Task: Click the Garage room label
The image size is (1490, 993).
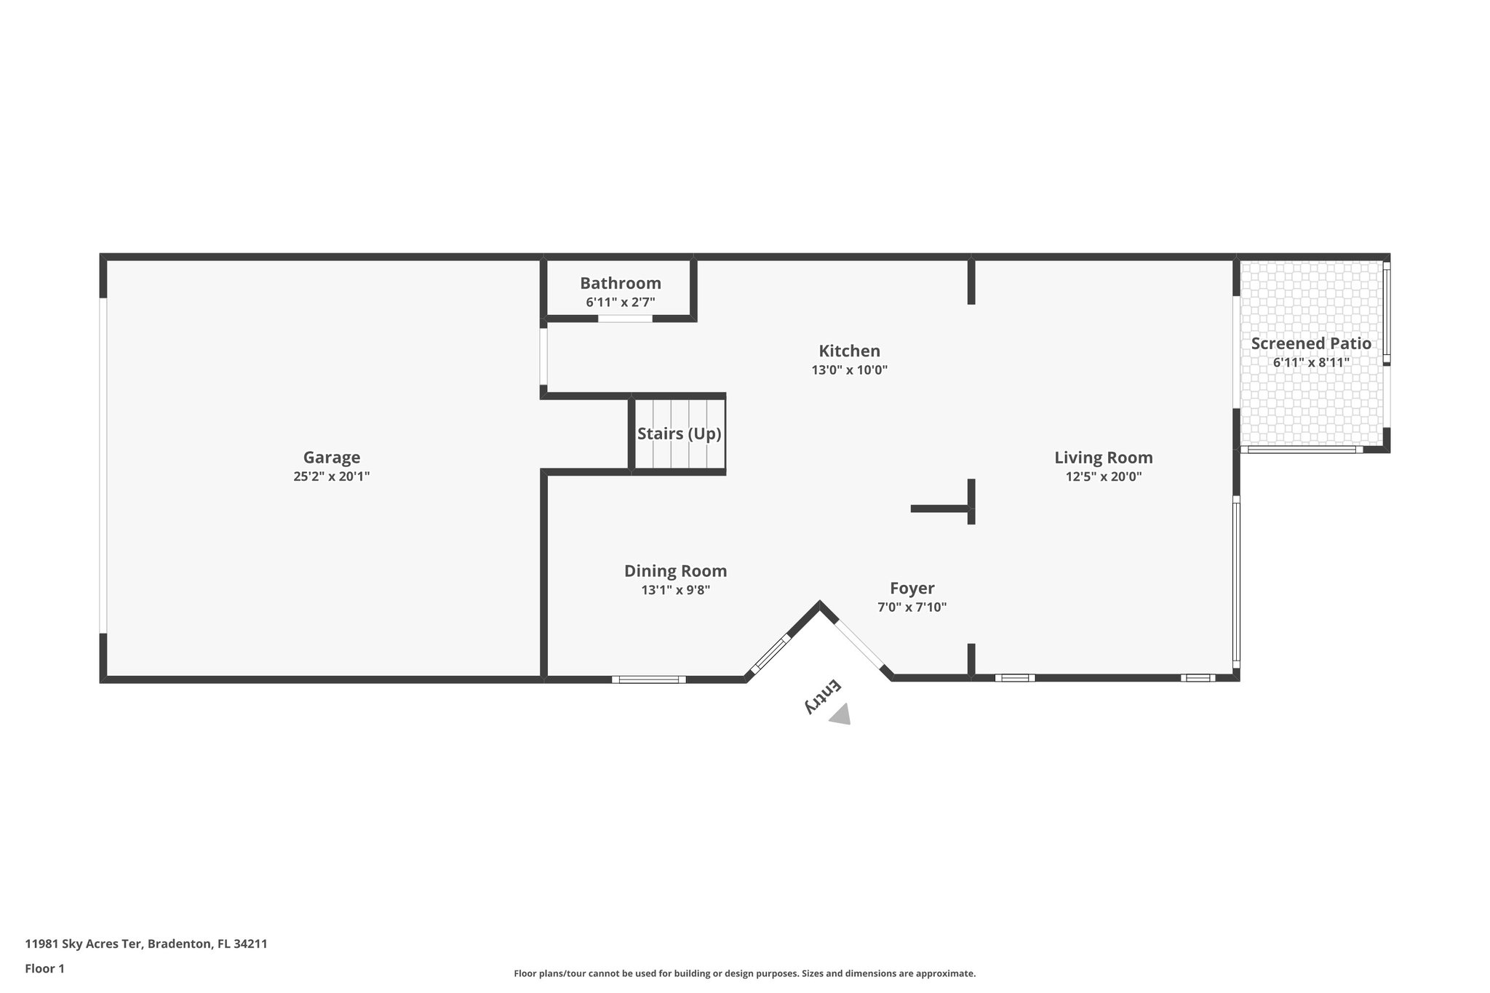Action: click(x=332, y=458)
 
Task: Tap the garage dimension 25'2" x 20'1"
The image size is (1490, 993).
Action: click(x=332, y=476)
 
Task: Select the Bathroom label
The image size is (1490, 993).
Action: click(x=621, y=283)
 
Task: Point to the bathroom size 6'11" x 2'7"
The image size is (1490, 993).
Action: click(x=621, y=302)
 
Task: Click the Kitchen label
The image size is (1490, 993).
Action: click(x=849, y=351)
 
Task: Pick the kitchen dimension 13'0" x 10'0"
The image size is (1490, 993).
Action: click(x=849, y=370)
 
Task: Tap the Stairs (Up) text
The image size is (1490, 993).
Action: click(x=679, y=434)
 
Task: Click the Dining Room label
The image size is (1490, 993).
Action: click(x=675, y=571)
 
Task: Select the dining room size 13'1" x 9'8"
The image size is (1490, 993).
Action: click(x=675, y=590)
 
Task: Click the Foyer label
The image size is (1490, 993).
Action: click(x=912, y=588)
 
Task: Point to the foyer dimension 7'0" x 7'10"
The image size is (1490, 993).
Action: click(x=912, y=607)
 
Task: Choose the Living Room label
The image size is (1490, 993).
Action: click(x=1104, y=458)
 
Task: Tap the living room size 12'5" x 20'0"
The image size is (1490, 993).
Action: click(x=1104, y=476)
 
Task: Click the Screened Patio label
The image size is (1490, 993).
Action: click(x=1311, y=343)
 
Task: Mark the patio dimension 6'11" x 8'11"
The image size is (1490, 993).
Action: click(x=1311, y=362)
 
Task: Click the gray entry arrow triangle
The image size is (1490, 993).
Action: click(x=841, y=714)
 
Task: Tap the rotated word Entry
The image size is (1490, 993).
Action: click(x=822, y=695)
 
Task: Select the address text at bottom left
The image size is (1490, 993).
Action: click(x=146, y=944)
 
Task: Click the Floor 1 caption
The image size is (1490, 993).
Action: click(x=45, y=968)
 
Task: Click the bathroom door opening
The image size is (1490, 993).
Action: click(x=625, y=319)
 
